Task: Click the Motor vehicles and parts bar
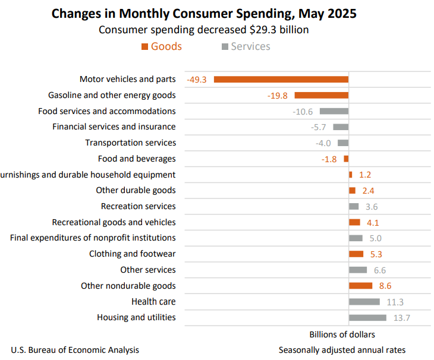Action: click(281, 79)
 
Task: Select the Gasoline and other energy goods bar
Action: click(322, 95)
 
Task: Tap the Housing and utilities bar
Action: click(367, 317)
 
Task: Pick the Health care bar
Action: click(364, 301)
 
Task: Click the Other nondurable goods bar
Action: click(360, 286)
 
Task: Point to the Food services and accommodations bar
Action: click(334, 111)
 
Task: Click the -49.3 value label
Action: click(196, 79)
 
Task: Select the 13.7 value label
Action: click(402, 318)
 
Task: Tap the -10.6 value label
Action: click(303, 111)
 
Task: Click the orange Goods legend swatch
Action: click(144, 46)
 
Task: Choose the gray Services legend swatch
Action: click(225, 46)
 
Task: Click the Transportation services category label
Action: click(130, 143)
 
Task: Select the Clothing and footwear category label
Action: click(132, 254)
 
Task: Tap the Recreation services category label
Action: click(138, 206)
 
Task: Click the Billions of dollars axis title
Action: click(342, 334)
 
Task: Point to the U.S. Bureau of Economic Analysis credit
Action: click(75, 350)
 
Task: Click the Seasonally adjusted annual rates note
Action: click(342, 350)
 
